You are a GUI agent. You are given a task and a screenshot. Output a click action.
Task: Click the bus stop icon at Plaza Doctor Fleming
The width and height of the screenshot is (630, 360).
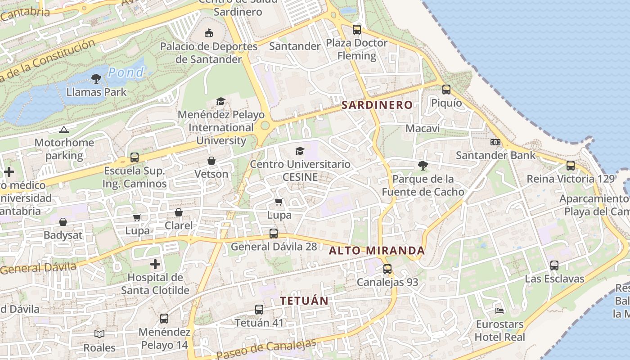[x=357, y=30]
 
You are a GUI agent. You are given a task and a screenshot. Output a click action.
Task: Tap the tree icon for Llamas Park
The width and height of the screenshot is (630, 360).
[x=96, y=79]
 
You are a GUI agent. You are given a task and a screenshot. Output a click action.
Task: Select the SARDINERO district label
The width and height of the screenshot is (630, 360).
[x=377, y=105]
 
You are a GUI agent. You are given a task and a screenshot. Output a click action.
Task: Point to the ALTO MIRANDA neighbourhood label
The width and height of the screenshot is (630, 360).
[x=377, y=250]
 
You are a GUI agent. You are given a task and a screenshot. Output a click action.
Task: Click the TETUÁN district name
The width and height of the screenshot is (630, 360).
[x=305, y=301]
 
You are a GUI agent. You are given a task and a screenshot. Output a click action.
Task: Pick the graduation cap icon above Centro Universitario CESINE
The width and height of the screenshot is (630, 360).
[x=300, y=151]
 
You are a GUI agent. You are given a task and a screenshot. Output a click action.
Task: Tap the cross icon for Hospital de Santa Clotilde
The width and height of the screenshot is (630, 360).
[x=155, y=264]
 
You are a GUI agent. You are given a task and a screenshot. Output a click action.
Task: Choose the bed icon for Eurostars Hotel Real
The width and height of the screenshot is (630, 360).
[x=499, y=310]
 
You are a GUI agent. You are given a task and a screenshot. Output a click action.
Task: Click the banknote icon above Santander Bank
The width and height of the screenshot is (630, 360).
[x=495, y=142]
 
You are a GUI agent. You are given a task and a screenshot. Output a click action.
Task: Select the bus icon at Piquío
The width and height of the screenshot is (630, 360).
[x=446, y=90]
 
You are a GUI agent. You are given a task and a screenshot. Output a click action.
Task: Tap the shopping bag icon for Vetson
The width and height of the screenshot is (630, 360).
[x=211, y=161]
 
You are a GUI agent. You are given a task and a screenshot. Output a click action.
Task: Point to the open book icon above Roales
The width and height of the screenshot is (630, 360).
[x=99, y=334]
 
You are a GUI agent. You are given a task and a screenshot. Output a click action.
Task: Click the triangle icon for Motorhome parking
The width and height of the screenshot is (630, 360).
[x=64, y=130]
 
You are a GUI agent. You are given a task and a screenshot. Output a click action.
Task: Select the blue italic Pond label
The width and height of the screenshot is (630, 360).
[x=126, y=72]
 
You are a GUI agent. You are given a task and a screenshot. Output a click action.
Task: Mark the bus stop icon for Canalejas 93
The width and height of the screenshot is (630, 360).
[x=387, y=269]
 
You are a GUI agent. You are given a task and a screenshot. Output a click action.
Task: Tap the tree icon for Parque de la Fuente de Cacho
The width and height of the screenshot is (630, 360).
[x=423, y=166]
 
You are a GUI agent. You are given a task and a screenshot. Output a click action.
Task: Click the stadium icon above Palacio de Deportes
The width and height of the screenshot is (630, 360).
[x=209, y=33]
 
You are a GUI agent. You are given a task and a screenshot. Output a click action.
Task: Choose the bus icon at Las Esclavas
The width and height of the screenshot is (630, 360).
[x=554, y=265]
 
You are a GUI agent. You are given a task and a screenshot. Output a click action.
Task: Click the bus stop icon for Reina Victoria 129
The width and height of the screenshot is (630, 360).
[x=571, y=165]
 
